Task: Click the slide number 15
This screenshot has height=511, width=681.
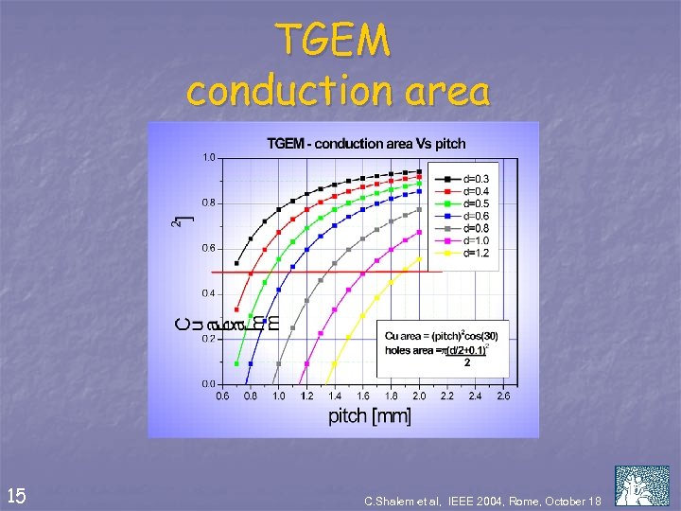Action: coord(16,495)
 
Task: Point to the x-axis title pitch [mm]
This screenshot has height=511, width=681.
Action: coord(369,416)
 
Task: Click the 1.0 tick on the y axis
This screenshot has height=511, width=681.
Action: coord(207,157)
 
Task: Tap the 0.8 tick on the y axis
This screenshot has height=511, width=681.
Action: coord(207,203)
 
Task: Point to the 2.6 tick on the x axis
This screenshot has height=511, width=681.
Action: coord(503,396)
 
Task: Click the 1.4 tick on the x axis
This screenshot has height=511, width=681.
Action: coord(335,396)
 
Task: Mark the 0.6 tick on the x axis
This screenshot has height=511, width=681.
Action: coord(222,396)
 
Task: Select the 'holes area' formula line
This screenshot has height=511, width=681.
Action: coord(434,350)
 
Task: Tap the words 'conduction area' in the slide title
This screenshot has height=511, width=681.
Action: coord(338,91)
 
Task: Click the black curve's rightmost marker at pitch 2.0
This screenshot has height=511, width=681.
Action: coord(419,171)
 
